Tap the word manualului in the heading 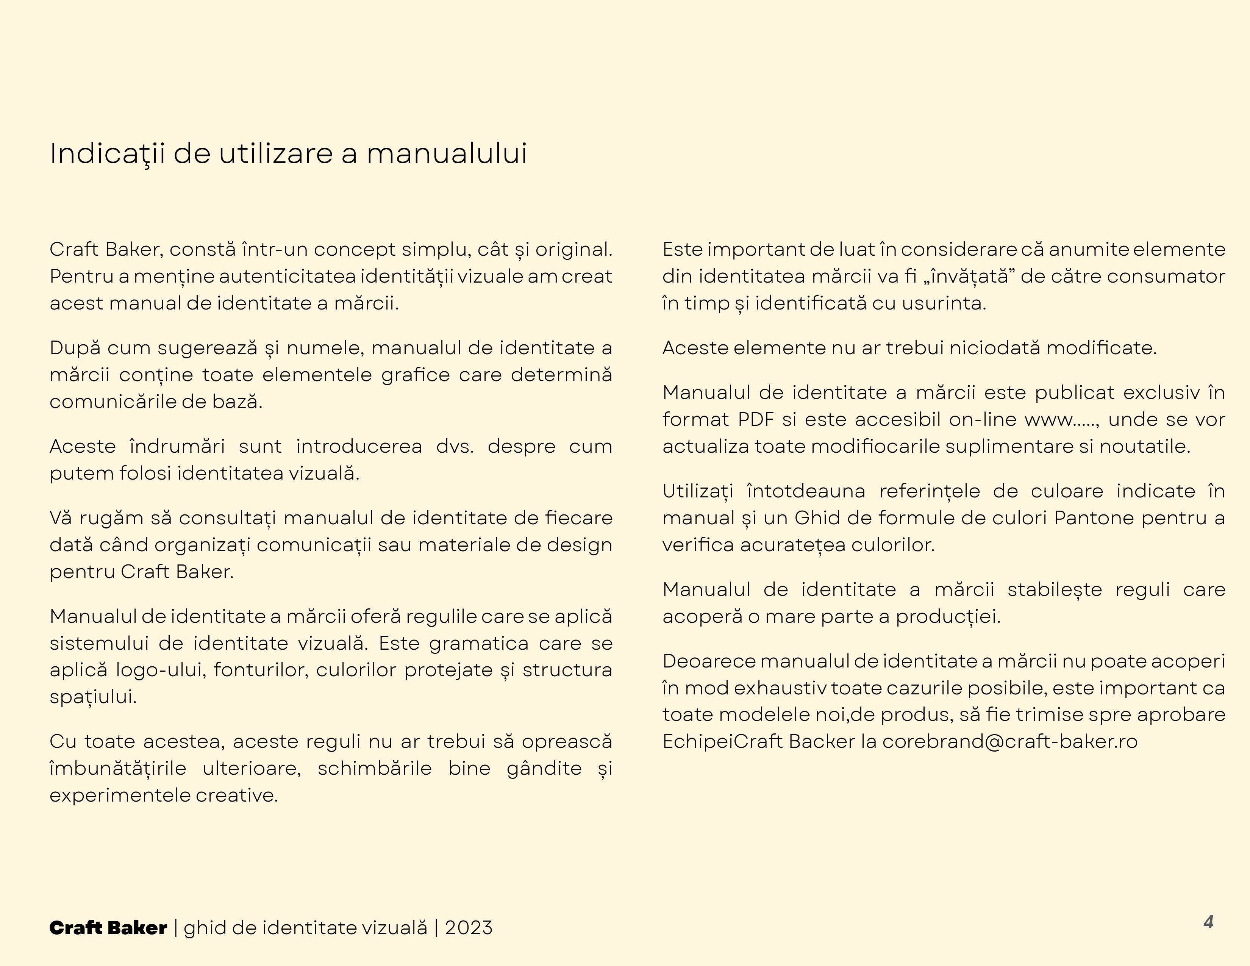[x=447, y=153]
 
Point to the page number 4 [x=1208, y=922]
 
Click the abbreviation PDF [x=756, y=419]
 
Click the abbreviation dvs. [x=455, y=446]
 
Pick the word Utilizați [x=698, y=491]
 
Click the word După [x=75, y=348]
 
